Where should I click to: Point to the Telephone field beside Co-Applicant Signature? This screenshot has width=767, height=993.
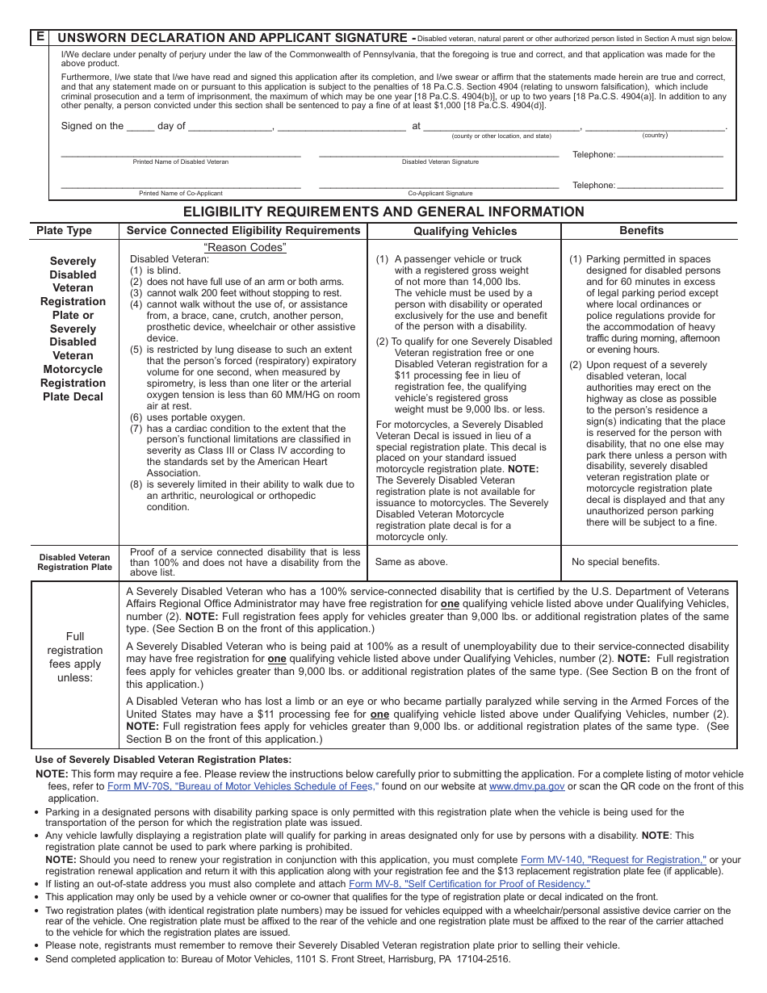point(670,185)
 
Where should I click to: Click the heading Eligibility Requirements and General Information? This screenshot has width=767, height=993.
point(383,212)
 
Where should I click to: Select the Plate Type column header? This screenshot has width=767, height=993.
point(65,231)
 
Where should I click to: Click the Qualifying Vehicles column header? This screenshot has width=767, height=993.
point(465,231)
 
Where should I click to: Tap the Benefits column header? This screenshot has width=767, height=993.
point(641,231)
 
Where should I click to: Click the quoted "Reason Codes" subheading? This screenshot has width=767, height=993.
point(245,248)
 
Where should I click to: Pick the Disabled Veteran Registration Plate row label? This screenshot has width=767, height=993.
point(74,562)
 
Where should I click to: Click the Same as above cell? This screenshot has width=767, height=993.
point(412,562)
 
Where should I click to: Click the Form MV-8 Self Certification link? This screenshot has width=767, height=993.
point(469,884)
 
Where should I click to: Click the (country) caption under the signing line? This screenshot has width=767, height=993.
point(655,136)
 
